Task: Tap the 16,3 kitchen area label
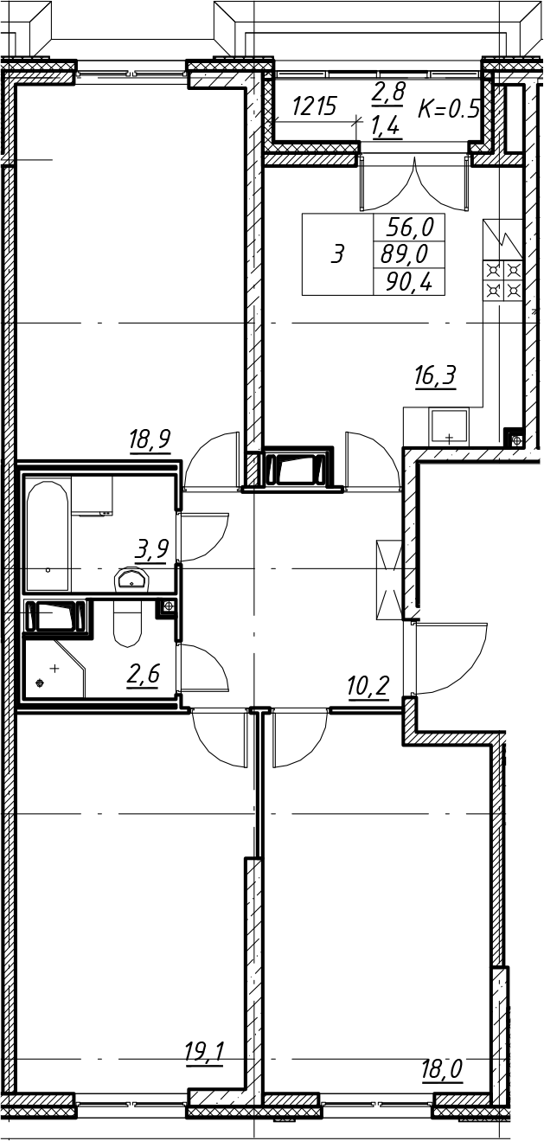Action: click(x=435, y=377)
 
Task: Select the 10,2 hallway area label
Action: click(x=368, y=687)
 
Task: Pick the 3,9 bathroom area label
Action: click(x=152, y=549)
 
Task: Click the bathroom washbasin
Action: click(x=132, y=580)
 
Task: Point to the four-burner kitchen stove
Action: click(x=503, y=280)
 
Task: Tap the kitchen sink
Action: click(x=449, y=426)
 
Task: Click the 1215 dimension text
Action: click(x=314, y=106)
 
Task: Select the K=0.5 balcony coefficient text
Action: click(x=449, y=108)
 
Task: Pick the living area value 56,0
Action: click(x=410, y=227)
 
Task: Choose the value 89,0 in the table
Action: click(x=405, y=253)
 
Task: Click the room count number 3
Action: click(x=337, y=253)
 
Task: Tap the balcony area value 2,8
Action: click(x=388, y=93)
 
